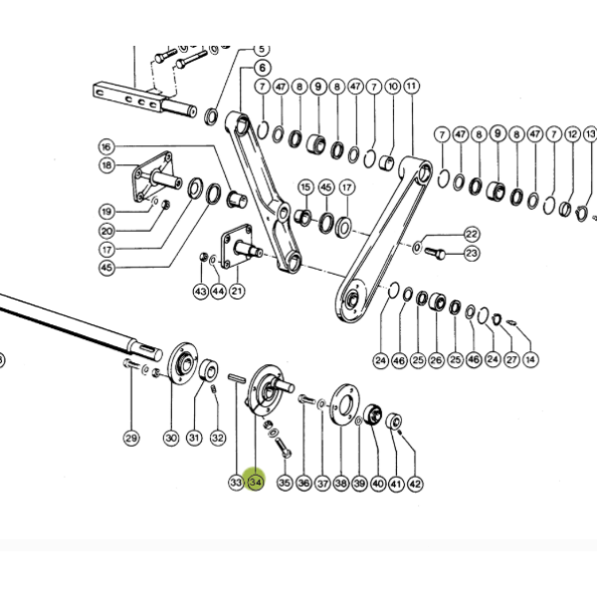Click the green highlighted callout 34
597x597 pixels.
(255, 483)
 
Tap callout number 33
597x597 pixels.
(236, 483)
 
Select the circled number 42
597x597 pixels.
(415, 484)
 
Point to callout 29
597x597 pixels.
(131, 438)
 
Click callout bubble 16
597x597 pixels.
(106, 146)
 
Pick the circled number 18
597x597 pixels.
(106, 165)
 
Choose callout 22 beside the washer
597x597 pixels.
(472, 234)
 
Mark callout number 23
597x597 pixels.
(472, 253)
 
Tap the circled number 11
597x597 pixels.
(411, 86)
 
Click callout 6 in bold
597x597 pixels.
(263, 68)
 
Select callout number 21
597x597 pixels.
(237, 292)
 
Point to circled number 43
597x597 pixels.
(201, 292)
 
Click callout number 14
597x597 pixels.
(530, 359)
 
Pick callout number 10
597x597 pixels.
(393, 87)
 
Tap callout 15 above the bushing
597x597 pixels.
(305, 187)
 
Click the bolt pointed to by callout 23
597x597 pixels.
(435, 253)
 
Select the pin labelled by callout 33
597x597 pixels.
(237, 380)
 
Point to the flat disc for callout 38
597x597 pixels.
(344, 405)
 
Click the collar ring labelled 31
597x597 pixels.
(209, 370)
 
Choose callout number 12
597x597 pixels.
(573, 134)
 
